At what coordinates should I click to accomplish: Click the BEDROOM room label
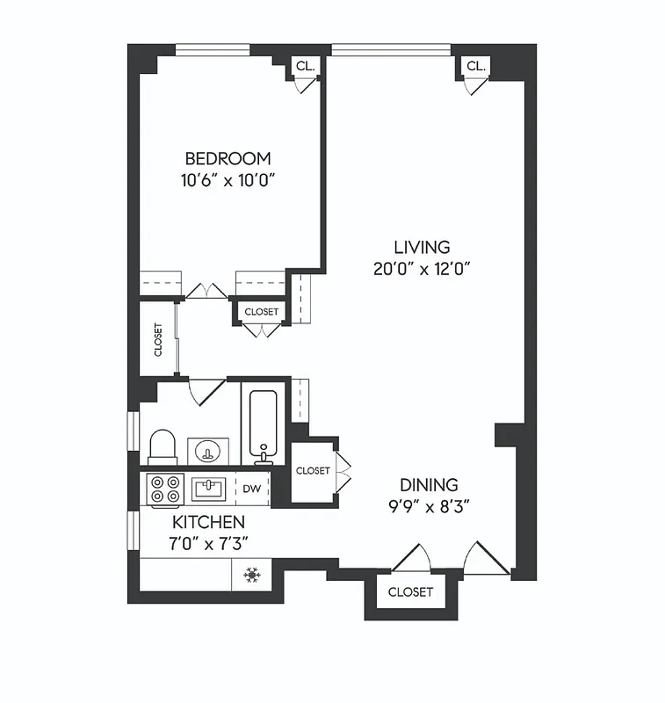228,159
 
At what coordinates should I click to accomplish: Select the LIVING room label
422,248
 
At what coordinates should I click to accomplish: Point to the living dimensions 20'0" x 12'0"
423,270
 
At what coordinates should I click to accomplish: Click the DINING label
430,485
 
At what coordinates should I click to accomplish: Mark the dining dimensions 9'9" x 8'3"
430,507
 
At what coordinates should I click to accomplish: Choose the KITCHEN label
208,523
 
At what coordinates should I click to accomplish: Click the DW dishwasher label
251,489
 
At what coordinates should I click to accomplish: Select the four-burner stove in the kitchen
163,489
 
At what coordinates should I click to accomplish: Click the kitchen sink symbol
210,488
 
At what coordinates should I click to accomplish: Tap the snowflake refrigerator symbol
252,576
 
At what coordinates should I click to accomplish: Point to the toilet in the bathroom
164,446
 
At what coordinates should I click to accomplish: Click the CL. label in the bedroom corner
305,66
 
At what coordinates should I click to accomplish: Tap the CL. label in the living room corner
476,66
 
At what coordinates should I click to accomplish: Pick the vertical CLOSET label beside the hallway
159,339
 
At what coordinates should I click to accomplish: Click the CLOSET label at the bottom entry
410,592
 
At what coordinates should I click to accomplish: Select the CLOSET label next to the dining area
313,471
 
